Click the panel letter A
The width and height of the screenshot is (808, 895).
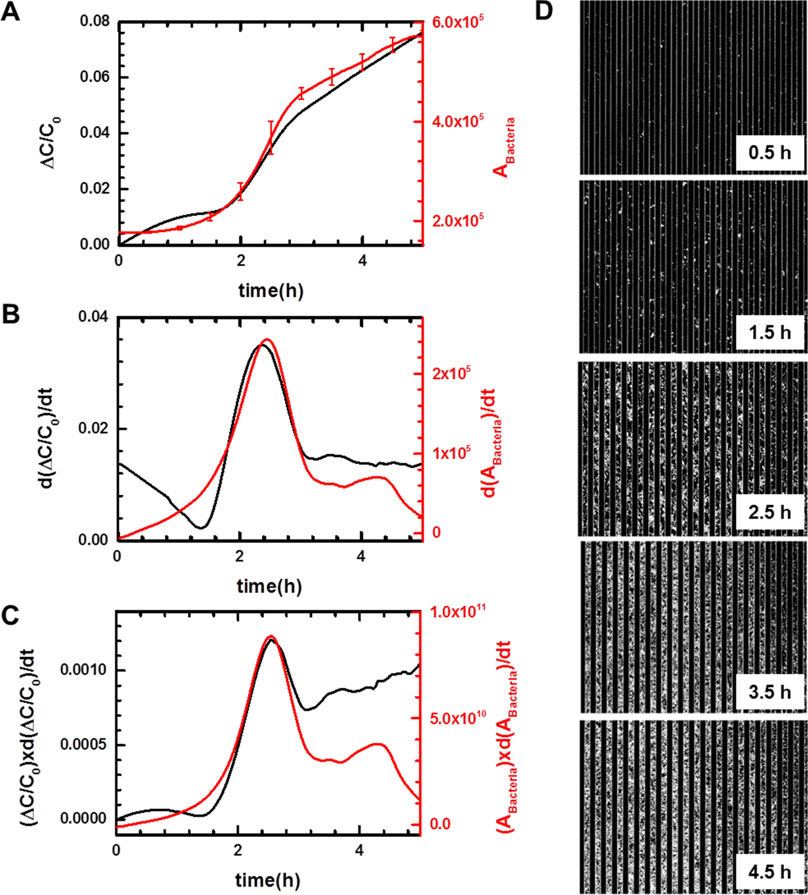coord(11,12)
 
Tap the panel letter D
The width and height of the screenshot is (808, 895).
coord(544,11)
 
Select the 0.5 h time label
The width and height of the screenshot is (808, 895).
coord(770,153)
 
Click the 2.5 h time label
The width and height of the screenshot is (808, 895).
coord(770,513)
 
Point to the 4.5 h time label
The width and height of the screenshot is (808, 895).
coord(770,872)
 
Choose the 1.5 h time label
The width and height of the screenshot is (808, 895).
coord(770,333)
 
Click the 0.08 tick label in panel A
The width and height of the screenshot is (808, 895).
coord(95,21)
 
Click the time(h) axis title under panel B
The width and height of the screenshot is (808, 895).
coord(269,586)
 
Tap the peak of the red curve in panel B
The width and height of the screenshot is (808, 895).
coord(267,340)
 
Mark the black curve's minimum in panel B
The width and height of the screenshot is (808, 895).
coord(201,528)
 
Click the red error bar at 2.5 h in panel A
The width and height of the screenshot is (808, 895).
coord(271,137)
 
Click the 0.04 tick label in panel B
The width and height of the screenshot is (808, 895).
coord(94,316)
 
